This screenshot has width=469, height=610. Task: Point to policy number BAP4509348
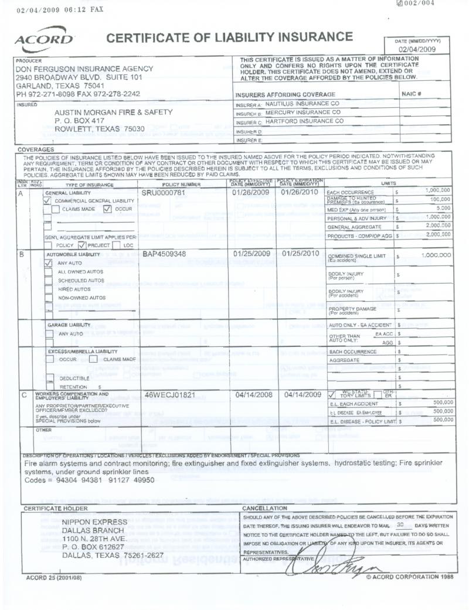point(164,255)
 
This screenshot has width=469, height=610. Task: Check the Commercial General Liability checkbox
point(47,200)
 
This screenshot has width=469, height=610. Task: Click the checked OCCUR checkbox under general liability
point(107,208)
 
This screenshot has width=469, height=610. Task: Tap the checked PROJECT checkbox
point(81,245)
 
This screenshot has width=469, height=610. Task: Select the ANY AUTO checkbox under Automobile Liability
point(47,264)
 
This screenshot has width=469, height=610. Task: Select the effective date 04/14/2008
point(254,396)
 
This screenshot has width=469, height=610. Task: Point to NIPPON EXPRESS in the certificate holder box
point(94,522)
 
